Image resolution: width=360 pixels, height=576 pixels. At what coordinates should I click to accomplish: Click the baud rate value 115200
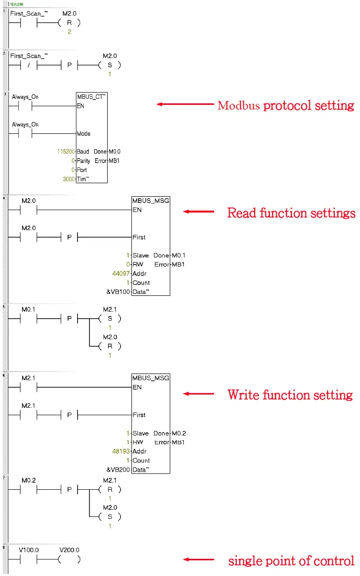tap(66, 152)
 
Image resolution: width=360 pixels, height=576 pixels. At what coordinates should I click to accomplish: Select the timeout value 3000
tap(69, 179)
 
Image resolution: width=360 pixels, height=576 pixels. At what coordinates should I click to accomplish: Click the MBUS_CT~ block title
tap(91, 97)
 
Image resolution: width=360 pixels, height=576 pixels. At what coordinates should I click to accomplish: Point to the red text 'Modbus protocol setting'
tap(286, 105)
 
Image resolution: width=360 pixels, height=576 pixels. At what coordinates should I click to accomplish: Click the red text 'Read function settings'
tap(291, 212)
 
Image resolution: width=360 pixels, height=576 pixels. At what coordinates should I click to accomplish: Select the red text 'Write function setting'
tap(290, 395)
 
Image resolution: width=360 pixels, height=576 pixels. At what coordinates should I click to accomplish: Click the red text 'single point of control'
tap(291, 561)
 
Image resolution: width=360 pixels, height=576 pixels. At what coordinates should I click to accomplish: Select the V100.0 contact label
tap(29, 550)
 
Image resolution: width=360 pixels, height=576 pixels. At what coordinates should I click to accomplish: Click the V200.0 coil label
tap(70, 550)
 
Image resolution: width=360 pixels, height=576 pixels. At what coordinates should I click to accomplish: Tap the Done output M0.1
tap(179, 255)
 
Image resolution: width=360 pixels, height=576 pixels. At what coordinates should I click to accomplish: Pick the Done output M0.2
tap(179, 433)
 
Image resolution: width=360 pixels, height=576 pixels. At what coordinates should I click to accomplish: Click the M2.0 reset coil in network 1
tap(70, 23)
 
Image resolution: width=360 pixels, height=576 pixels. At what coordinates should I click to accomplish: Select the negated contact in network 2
tap(29, 65)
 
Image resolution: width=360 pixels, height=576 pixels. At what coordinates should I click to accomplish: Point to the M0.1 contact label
tap(29, 309)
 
